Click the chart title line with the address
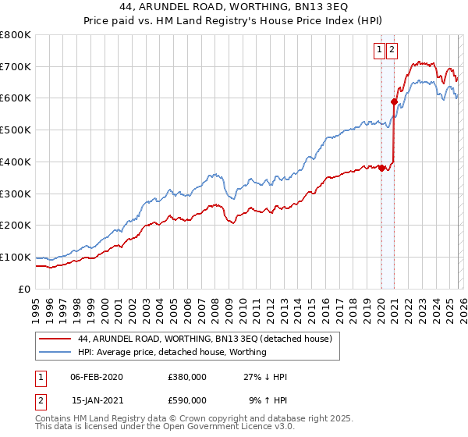pos(234,7)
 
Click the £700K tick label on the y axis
pos(16,66)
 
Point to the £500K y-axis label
pos(16,130)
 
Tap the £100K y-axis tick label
pos(16,257)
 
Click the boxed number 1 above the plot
pos(380,51)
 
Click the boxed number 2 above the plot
pos(392,51)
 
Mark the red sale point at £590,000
pos(394,101)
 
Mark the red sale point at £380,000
pos(381,168)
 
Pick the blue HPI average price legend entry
pos(172,352)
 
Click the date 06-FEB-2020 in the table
pos(96,377)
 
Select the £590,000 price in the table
pos(187,400)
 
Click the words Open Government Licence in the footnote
pos(203,428)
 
